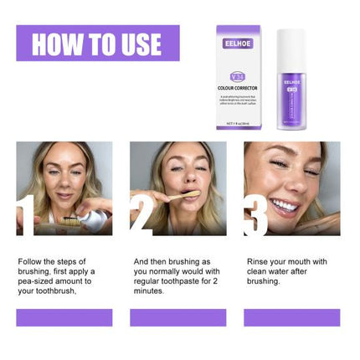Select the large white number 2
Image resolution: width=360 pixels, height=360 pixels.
pyautogui.click(x=140, y=213)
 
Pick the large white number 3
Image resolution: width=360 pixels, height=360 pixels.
pyautogui.click(x=255, y=213)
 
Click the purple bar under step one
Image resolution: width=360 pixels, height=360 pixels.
pyautogui.click(x=64, y=317)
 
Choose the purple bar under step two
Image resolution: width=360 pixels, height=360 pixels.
pyautogui.click(x=177, y=317)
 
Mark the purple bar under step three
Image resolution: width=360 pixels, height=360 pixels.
pyautogui.click(x=291, y=317)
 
